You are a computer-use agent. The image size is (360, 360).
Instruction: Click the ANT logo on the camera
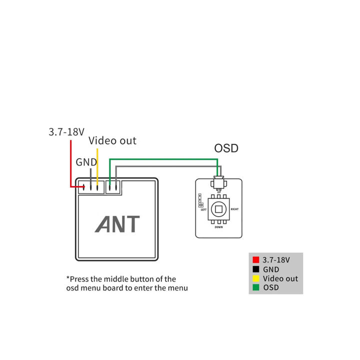117,224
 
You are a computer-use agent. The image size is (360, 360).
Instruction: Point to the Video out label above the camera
112,141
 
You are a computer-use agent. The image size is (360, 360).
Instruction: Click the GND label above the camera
85,162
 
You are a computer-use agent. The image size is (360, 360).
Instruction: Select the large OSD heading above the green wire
226,148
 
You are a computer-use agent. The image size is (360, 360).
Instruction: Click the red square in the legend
255,260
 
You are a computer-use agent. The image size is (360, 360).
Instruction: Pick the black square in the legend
255,269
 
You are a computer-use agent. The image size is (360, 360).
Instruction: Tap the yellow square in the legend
255,278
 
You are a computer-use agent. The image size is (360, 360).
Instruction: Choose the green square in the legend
255,287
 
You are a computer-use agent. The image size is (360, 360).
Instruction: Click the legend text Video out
280,278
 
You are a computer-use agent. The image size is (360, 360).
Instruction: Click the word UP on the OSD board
218,191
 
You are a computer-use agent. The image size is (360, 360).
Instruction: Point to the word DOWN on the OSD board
218,227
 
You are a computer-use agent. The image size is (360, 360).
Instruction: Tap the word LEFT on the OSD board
203,210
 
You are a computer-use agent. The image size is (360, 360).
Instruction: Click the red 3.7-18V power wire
71,165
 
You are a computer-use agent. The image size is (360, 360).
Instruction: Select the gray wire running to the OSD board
165,165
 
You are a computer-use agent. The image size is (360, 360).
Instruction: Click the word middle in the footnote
116,279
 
